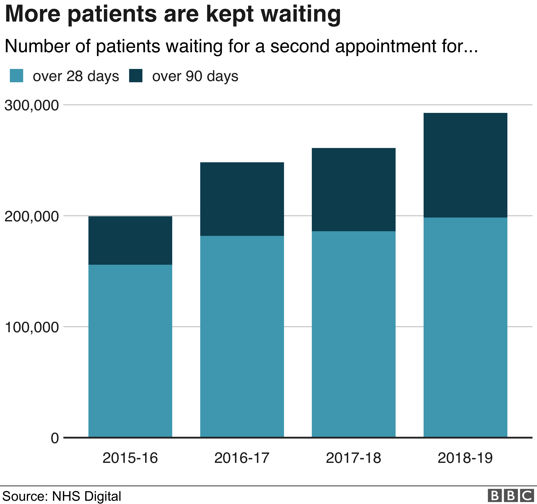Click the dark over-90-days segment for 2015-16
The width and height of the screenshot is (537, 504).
[x=130, y=240]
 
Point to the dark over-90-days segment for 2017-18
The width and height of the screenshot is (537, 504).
[x=353, y=190]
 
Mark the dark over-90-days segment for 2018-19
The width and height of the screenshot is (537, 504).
[x=465, y=165]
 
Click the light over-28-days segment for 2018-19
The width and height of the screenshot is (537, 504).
[x=465, y=327]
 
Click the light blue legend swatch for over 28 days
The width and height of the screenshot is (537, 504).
[x=17, y=76]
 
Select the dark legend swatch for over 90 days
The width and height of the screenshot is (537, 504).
[x=136, y=76]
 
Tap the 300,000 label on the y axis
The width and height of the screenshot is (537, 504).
[x=32, y=105]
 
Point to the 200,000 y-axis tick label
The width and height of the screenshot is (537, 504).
[x=32, y=217]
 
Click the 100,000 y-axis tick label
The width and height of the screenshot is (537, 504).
[x=32, y=327]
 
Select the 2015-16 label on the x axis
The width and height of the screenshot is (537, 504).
[x=130, y=458]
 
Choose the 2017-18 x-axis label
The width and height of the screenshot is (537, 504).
[x=353, y=458]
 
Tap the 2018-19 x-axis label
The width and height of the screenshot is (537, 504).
[x=465, y=458]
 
